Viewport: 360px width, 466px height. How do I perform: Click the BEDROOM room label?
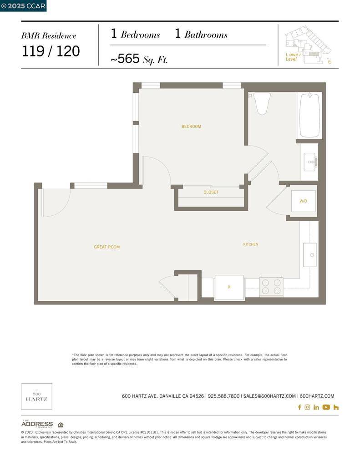(191, 127)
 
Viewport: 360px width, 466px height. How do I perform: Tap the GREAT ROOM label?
(106, 247)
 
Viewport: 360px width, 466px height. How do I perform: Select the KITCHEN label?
(251, 244)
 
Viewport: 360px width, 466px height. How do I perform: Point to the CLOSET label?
(211, 192)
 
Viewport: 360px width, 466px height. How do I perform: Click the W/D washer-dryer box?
(303, 201)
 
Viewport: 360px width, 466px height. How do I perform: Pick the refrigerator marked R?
(229, 287)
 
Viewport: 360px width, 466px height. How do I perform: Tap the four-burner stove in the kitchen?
(271, 287)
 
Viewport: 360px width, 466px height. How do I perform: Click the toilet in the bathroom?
(262, 103)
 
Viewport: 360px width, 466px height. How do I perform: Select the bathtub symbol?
(309, 115)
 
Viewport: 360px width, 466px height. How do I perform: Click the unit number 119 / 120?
(51, 51)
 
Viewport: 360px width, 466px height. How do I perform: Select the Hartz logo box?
(37, 396)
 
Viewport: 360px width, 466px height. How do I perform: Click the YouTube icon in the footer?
(326, 407)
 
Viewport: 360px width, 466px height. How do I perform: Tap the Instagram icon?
(307, 407)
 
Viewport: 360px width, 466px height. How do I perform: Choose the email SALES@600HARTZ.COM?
(269, 396)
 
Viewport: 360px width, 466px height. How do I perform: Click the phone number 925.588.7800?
(223, 396)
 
